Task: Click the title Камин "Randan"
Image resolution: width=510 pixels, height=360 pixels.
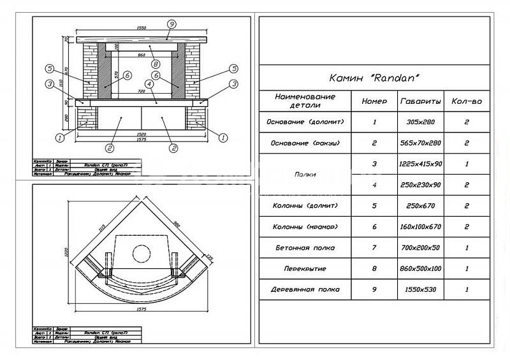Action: [374, 78]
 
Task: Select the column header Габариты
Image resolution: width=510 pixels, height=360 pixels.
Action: [420, 101]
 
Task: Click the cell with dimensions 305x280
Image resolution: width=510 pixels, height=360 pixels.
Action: [420, 121]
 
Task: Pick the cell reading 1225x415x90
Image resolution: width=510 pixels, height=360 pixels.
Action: [420, 164]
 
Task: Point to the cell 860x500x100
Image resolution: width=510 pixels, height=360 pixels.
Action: [420, 268]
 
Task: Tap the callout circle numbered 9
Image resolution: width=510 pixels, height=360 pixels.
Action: [171, 24]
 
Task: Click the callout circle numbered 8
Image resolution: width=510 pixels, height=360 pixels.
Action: [154, 64]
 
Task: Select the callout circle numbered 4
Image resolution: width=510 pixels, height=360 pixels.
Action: [149, 83]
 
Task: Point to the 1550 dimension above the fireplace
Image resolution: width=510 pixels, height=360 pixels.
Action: [141, 29]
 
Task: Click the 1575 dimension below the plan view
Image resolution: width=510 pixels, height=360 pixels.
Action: [141, 310]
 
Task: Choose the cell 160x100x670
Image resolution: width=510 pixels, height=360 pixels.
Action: [420, 226]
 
